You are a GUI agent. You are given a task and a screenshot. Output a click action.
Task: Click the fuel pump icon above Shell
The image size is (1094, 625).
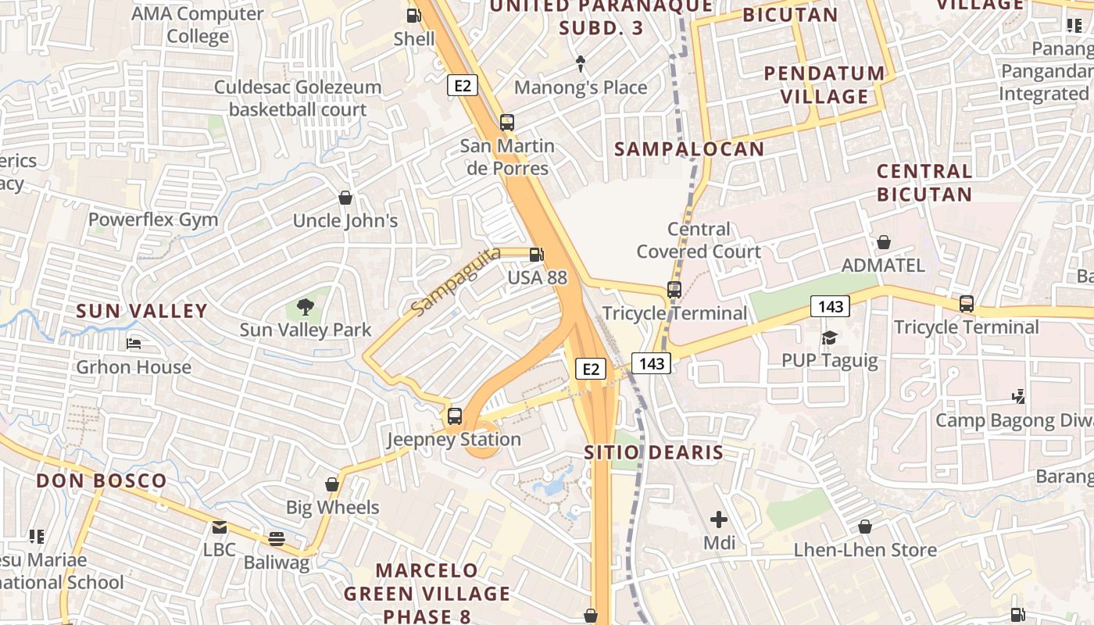click(x=413, y=15)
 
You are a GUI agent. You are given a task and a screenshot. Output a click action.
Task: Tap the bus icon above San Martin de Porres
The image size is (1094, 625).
click(x=506, y=122)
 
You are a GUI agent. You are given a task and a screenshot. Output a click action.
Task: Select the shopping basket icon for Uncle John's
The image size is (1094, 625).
click(x=345, y=198)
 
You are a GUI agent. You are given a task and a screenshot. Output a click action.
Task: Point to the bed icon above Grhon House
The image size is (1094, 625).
click(x=134, y=344)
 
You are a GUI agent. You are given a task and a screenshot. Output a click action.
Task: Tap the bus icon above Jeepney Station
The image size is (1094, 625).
click(x=454, y=416)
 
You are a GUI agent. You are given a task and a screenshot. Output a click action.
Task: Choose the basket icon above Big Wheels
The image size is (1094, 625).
click(x=332, y=484)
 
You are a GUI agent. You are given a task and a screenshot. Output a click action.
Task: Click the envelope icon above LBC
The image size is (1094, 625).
click(x=219, y=527)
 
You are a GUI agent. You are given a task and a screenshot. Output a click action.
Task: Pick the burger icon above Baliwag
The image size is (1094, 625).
click(x=276, y=538)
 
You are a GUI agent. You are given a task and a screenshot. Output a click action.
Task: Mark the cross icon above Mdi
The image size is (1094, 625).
click(x=719, y=519)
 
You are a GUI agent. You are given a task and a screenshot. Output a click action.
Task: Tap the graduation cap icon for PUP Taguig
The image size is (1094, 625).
click(x=829, y=337)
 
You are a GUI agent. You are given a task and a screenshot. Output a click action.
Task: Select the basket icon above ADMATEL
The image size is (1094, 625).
click(x=883, y=242)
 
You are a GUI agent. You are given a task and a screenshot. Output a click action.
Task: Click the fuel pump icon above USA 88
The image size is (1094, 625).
click(x=537, y=254)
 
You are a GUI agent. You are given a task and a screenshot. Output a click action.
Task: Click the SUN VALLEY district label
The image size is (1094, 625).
click(x=141, y=311)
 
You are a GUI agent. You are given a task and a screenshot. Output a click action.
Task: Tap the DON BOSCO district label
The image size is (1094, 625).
click(x=102, y=480)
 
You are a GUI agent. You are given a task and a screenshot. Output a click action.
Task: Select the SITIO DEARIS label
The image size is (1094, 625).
click(x=654, y=452)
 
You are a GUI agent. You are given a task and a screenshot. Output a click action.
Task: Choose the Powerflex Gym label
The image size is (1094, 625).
click(x=153, y=220)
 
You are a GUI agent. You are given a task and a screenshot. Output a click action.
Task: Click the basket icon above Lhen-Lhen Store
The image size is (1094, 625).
click(x=865, y=527)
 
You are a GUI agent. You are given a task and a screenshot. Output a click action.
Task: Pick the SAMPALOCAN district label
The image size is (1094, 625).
click(x=689, y=149)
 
